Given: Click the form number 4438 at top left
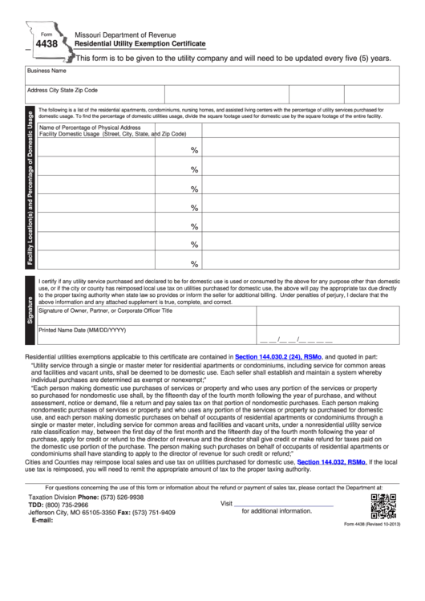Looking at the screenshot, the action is click(x=37, y=47).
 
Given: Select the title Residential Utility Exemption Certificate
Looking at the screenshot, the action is click(x=140, y=46).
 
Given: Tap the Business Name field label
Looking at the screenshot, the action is click(x=47, y=71).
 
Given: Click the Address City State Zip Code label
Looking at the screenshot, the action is click(x=63, y=91).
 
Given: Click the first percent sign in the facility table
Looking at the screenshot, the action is click(x=194, y=150).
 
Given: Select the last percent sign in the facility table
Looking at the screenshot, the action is click(x=194, y=264).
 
